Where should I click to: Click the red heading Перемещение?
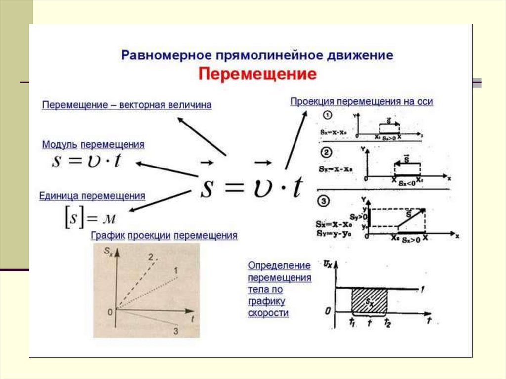[x=257, y=74]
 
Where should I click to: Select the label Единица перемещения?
[x=92, y=196]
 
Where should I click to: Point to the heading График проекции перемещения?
[x=164, y=236]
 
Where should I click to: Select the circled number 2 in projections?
[x=327, y=151]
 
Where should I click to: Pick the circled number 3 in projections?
[x=327, y=201]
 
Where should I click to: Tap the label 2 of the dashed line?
[x=151, y=256]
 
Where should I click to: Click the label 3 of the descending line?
[x=176, y=331]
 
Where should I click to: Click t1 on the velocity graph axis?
[x=351, y=322]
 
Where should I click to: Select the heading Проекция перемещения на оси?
[x=362, y=101]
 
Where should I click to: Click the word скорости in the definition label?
[x=268, y=313]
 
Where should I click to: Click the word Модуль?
[x=59, y=145]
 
